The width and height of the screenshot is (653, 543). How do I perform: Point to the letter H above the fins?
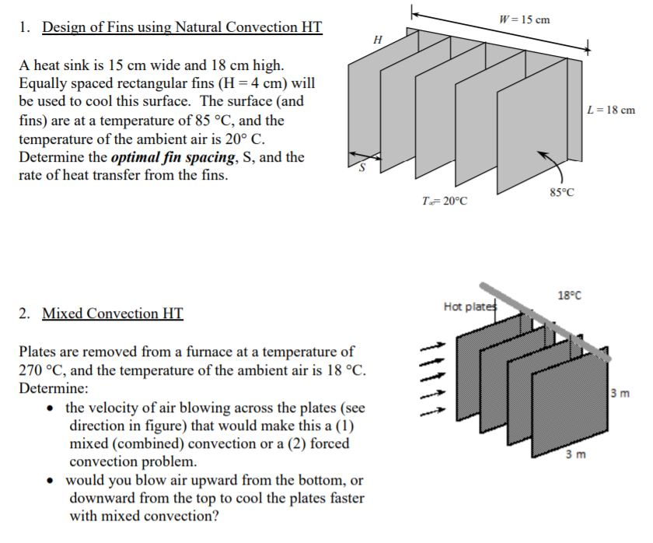pyautogui.click(x=379, y=39)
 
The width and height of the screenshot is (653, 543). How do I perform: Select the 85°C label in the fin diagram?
pyautogui.click(x=560, y=194)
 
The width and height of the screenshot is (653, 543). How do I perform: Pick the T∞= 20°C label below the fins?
pyautogui.click(x=444, y=201)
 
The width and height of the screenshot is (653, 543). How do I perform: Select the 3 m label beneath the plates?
pyautogui.click(x=574, y=454)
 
